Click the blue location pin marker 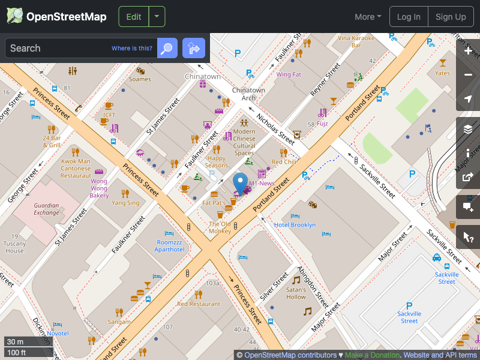click(x=241, y=182)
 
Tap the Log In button click(x=409, y=17)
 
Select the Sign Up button click(x=451, y=17)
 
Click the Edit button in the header click(x=134, y=17)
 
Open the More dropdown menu click(x=368, y=17)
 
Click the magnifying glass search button click(x=167, y=48)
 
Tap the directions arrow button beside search click(x=194, y=48)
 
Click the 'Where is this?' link click(x=132, y=49)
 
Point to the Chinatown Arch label click(x=248, y=94)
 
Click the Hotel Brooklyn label click(x=295, y=225)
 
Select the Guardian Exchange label click(x=46, y=209)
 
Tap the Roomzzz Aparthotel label click(x=170, y=245)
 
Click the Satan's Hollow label click(x=296, y=293)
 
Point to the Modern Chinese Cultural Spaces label click(x=244, y=142)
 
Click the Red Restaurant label click(x=199, y=304)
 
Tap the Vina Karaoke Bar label click(x=356, y=41)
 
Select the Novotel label click(x=58, y=333)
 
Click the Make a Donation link click(x=372, y=355)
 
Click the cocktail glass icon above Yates click(x=443, y=62)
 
